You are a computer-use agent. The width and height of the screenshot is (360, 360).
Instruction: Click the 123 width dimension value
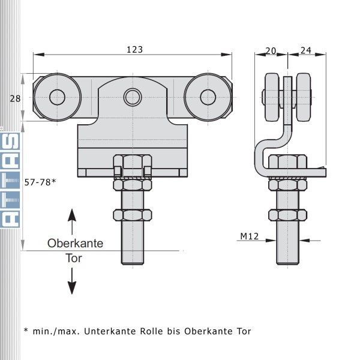135,50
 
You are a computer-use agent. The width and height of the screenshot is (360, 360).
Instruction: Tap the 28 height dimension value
15,99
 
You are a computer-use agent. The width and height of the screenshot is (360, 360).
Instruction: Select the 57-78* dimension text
40,182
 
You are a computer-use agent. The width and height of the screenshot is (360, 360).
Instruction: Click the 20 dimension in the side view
271,51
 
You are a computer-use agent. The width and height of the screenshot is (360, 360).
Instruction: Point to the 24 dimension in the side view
306,50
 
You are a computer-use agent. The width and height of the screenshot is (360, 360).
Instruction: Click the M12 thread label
250,236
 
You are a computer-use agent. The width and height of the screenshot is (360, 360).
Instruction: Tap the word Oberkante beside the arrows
76,244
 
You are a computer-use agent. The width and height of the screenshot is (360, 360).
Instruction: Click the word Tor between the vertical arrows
74,258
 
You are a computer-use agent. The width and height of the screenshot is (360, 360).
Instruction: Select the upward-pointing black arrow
72,222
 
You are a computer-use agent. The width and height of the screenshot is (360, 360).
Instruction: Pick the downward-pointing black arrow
72,281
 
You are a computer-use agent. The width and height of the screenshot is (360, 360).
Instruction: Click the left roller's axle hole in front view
58,97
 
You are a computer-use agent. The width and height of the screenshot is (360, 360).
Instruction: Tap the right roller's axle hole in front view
208,97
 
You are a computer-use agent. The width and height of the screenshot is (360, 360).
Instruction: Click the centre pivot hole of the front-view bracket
133,97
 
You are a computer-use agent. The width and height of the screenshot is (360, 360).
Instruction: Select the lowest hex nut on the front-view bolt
133,215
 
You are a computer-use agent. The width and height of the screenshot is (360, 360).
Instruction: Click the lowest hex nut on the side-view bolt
287,215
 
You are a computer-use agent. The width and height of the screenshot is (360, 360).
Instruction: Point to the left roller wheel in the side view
272,97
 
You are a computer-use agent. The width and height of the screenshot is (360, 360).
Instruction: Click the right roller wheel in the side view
303,97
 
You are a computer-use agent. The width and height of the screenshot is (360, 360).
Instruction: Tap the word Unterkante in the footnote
110,331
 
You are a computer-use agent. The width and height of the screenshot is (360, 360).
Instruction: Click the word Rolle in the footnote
152,331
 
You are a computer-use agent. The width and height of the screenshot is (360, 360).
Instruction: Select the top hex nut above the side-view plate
287,161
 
